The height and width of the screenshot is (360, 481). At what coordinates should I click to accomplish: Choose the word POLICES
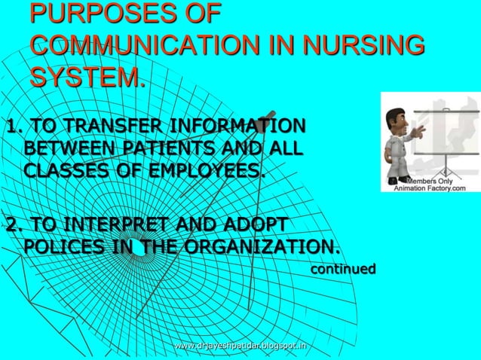[x=66, y=248]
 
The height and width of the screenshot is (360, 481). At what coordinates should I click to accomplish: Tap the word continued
[x=343, y=268]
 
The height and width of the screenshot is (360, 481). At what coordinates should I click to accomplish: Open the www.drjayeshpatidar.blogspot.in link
[x=240, y=346]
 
